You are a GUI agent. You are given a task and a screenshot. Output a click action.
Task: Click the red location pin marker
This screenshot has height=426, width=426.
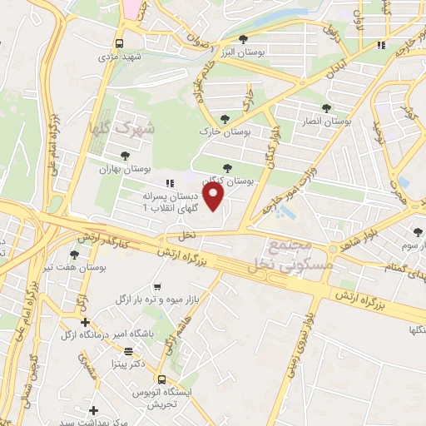[214, 196]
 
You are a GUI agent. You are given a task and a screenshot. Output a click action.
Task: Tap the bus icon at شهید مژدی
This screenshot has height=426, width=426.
[120, 43]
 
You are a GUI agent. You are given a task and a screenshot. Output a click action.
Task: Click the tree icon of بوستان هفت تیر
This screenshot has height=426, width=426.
[75, 254]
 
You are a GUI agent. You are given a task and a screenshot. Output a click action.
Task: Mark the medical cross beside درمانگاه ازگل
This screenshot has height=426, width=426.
[84, 321]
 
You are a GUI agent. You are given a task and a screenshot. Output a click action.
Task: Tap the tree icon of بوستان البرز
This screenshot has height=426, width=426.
[243, 38]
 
